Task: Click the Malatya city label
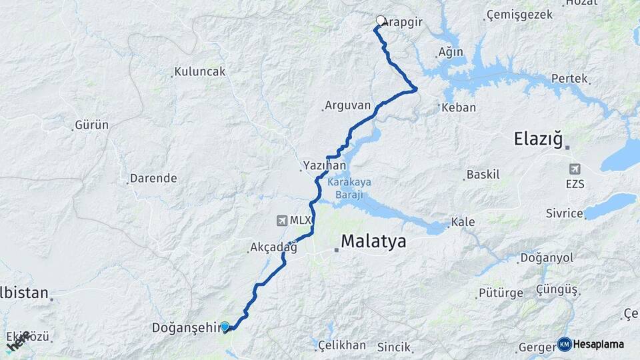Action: pyautogui.click(x=373, y=241)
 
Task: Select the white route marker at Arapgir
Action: pyautogui.click(x=381, y=21)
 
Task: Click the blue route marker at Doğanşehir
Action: pyautogui.click(x=225, y=327)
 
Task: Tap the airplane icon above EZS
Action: pyautogui.click(x=575, y=169)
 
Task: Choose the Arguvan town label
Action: pyautogui.click(x=347, y=105)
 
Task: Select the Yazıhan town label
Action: pyautogui.click(x=324, y=165)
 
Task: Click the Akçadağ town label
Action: pyautogui.click(x=273, y=247)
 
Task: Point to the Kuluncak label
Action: pyautogui.click(x=200, y=71)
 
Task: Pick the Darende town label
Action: pyautogui.click(x=153, y=178)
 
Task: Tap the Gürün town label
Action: pyautogui.click(x=92, y=125)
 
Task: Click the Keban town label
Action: pyautogui.click(x=459, y=107)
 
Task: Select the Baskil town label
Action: pyautogui.click(x=483, y=175)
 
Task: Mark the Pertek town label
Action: pyautogui.click(x=569, y=79)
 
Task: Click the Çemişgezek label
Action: pyautogui.click(x=519, y=14)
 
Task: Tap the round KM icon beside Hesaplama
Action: pyautogui.click(x=564, y=344)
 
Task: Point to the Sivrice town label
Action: pyautogui.click(x=565, y=214)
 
